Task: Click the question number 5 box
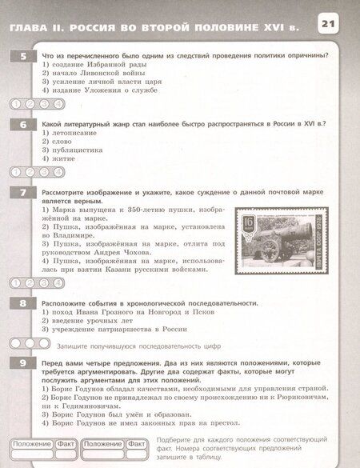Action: click(23, 55)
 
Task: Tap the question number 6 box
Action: click(23, 125)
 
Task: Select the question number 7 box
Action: click(23, 194)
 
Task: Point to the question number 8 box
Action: click(23, 303)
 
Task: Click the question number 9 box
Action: click(23, 363)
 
